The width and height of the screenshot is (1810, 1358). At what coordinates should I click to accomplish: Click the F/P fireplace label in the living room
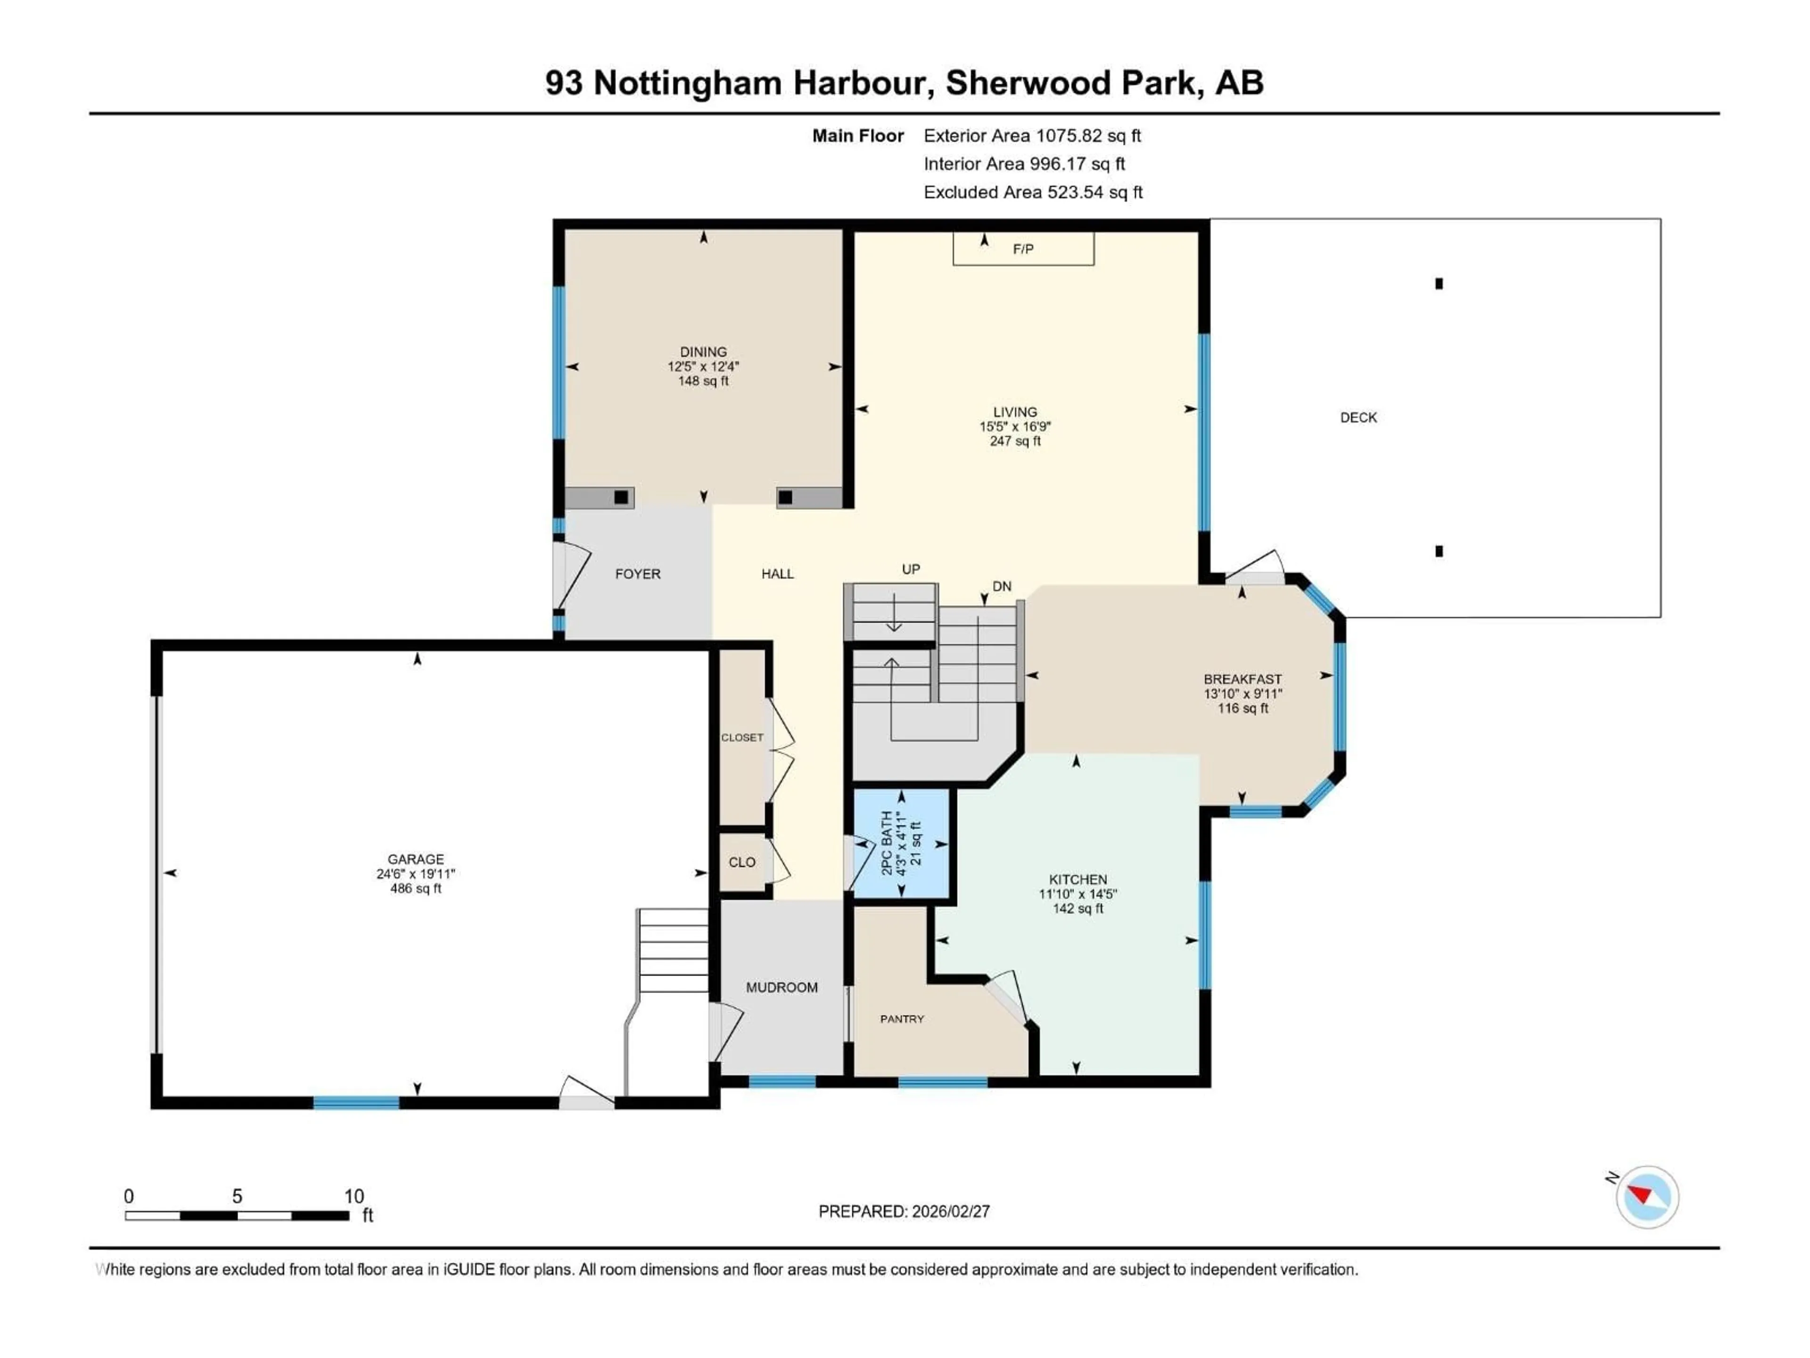(x=1023, y=249)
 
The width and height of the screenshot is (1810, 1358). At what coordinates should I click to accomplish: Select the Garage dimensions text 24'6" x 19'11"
(x=416, y=873)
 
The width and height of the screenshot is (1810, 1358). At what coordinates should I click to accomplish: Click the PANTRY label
(x=902, y=1019)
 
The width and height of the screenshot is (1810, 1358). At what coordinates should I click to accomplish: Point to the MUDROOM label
(x=782, y=987)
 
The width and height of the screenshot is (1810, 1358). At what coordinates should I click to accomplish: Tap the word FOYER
(x=637, y=574)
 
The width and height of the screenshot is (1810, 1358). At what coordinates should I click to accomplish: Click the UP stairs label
(x=911, y=569)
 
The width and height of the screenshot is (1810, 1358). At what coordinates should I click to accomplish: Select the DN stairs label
(x=1002, y=586)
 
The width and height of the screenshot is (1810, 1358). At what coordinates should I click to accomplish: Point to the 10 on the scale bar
(x=354, y=1196)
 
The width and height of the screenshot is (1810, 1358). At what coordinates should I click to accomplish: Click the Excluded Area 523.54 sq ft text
(x=1033, y=192)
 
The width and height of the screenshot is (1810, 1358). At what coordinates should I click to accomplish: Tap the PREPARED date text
(x=904, y=1211)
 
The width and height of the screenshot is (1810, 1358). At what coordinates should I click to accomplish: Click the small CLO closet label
(x=742, y=862)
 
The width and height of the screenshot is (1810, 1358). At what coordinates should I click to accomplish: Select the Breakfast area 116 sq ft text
(x=1242, y=708)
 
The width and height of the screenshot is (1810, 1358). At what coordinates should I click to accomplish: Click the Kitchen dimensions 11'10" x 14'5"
(x=1078, y=894)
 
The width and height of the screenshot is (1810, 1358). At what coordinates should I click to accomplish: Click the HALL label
(x=777, y=574)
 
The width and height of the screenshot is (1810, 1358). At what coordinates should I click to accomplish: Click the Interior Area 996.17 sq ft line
(x=1024, y=164)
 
